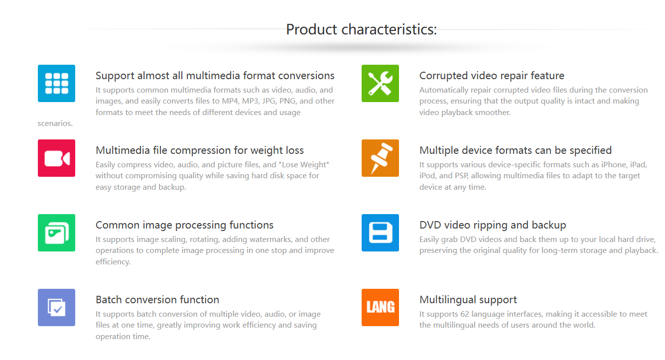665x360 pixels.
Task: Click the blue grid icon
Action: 56,83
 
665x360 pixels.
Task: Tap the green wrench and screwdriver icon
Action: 380,83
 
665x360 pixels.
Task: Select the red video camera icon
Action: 56,158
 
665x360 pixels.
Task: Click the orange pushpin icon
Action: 380,158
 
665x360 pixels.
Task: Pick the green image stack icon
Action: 56,233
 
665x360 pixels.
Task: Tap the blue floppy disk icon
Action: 380,233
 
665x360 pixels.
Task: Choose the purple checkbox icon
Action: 56,308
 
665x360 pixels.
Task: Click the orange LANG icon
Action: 380,308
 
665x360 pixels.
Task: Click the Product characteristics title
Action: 361,30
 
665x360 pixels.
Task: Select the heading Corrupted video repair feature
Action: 492,76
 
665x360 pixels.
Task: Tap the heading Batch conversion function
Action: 157,300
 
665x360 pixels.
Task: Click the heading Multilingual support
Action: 468,300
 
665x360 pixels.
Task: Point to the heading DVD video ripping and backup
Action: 493,225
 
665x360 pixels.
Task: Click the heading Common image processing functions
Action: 184,225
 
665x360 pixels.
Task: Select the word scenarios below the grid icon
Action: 54,123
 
